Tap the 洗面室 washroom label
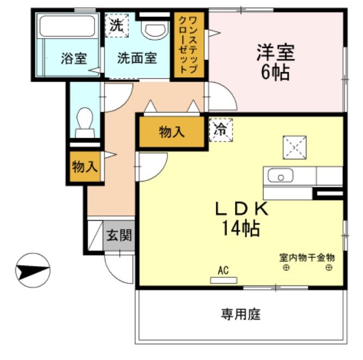[x=137, y=58]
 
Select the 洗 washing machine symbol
[x=116, y=24]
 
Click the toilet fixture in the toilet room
[x=84, y=123]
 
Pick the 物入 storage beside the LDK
[x=172, y=132]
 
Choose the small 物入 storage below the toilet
[x=85, y=167]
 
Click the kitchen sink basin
[x=280, y=176]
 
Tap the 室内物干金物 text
[x=306, y=257]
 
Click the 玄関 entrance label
[x=119, y=235]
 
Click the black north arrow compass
[x=32, y=269]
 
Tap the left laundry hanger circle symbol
[x=285, y=268]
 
